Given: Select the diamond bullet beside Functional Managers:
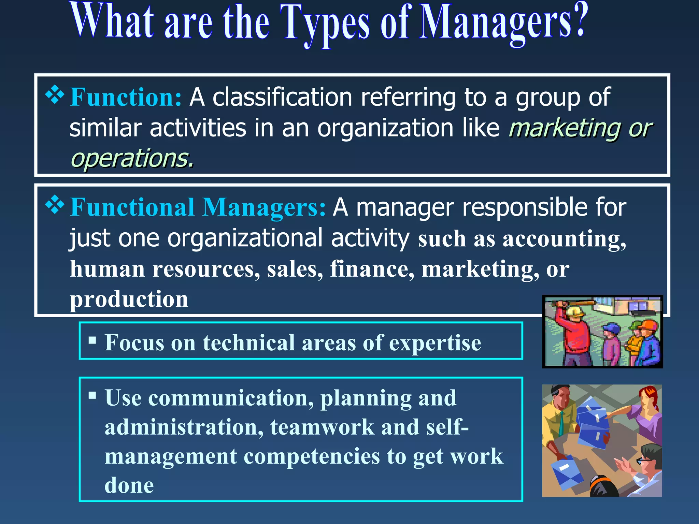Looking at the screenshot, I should [x=55, y=205].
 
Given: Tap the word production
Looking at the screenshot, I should [x=129, y=299].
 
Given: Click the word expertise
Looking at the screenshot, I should [x=435, y=343].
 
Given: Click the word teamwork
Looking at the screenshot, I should [x=322, y=427].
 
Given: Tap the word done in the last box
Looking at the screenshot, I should [x=129, y=485].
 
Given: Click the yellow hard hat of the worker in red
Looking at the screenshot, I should [x=574, y=311].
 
